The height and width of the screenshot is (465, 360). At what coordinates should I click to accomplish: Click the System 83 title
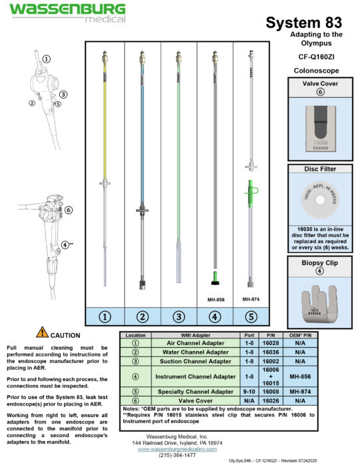304,23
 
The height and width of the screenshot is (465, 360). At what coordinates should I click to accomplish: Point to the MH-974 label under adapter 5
251,299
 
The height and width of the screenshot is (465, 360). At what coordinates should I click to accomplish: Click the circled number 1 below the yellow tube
104,317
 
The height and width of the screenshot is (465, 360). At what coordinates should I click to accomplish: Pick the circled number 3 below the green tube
178,317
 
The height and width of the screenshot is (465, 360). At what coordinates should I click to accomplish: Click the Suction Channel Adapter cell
188,361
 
